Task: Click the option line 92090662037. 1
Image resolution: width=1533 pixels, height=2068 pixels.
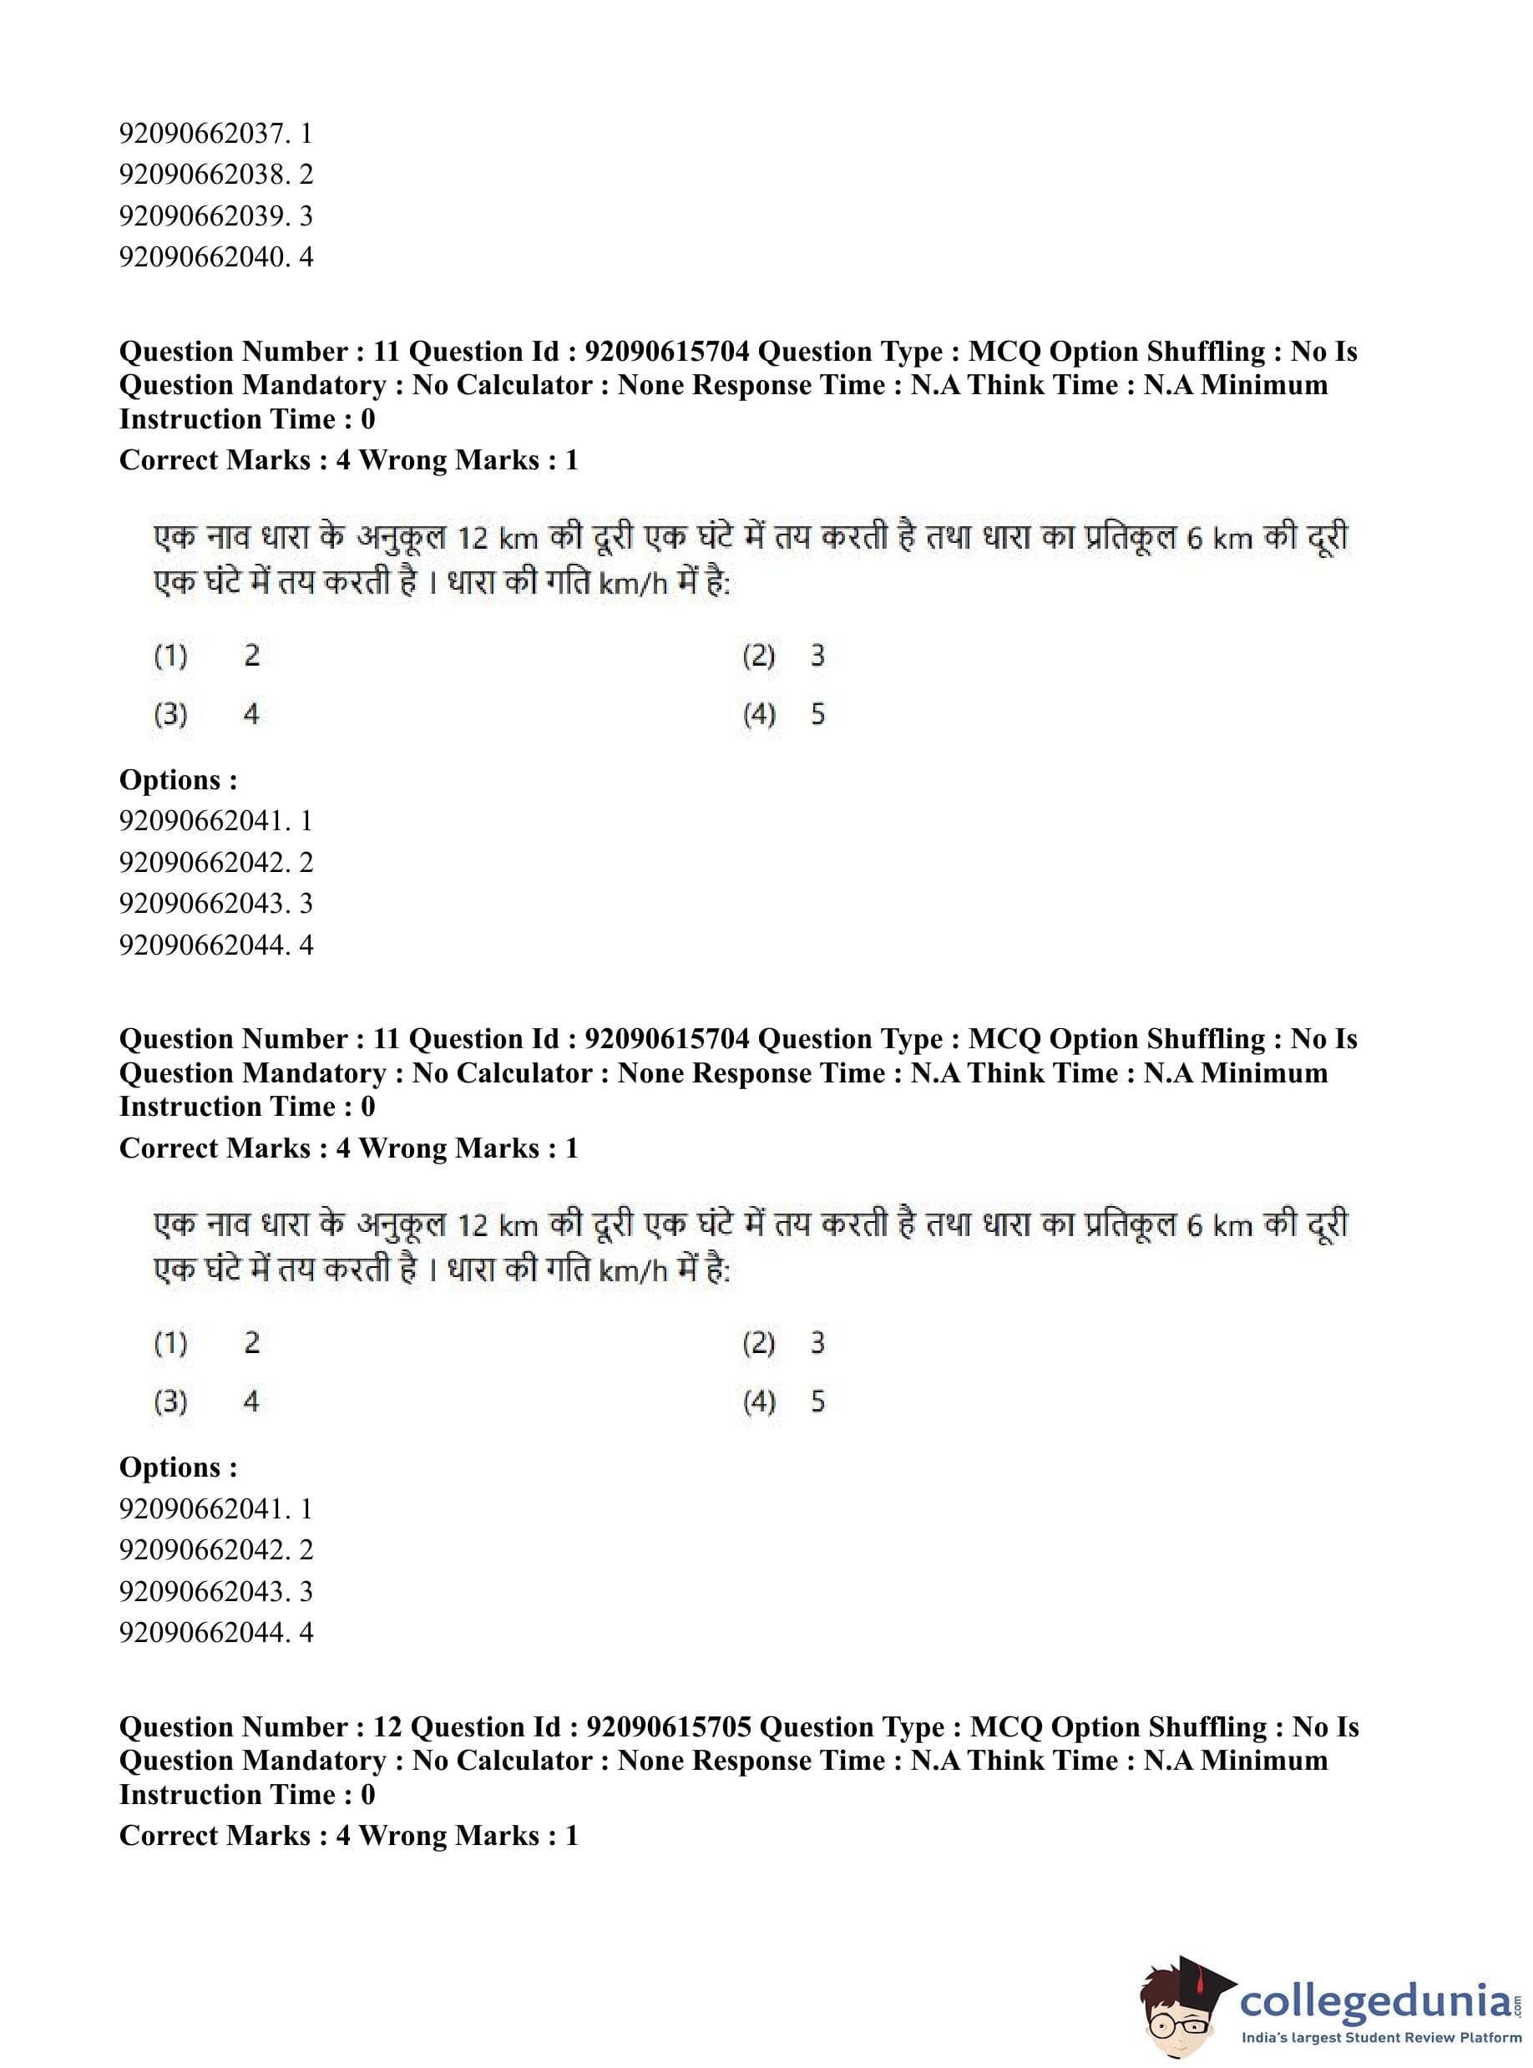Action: [215, 134]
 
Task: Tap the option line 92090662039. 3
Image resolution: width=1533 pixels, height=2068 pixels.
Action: [215, 216]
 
